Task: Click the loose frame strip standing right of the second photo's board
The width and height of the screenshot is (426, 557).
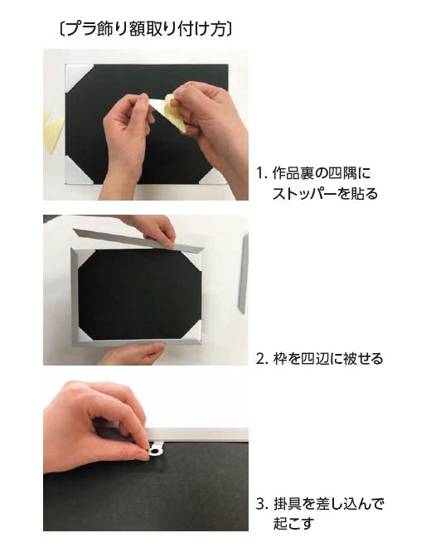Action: click(242, 274)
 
